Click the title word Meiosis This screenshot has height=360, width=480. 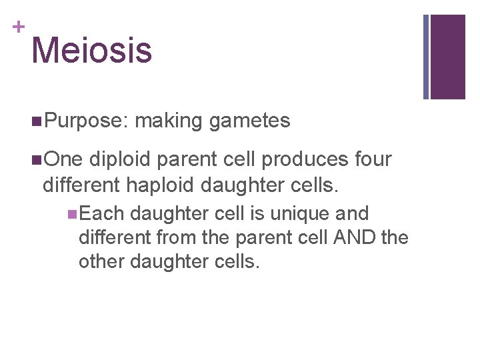point(91,50)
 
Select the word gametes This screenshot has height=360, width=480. point(249,121)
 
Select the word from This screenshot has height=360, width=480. point(175,237)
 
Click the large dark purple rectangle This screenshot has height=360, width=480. point(447,57)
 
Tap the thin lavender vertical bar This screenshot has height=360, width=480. point(426,57)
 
